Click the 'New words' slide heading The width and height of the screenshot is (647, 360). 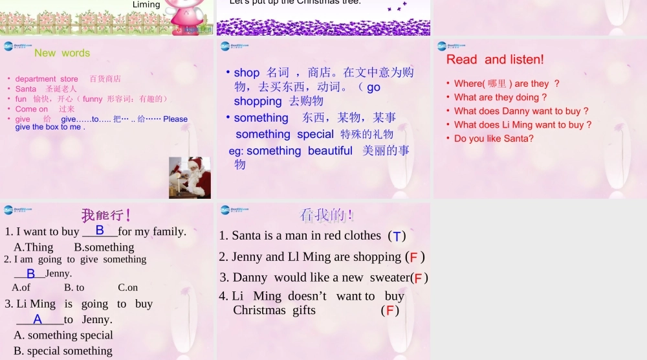(x=62, y=53)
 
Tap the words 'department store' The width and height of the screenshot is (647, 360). (x=47, y=79)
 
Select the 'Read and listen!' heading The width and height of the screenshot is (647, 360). (x=495, y=60)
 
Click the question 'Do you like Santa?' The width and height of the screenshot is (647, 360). (x=494, y=139)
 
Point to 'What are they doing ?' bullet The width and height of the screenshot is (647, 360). (x=500, y=97)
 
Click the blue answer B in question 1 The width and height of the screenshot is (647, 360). (x=100, y=230)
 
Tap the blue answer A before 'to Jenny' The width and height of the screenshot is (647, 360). (x=38, y=319)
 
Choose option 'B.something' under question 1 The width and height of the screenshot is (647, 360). (x=104, y=247)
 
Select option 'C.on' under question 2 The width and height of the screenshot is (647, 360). (x=127, y=287)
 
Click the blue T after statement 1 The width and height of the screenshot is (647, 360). (x=397, y=236)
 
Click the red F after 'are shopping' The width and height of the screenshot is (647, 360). (x=413, y=258)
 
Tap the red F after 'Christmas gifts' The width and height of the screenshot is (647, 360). (x=389, y=311)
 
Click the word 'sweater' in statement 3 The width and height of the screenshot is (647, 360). (x=389, y=278)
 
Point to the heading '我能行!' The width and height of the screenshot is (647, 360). (x=106, y=215)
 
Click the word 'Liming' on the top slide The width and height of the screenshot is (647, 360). (x=146, y=5)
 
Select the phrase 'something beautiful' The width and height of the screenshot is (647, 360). (x=300, y=151)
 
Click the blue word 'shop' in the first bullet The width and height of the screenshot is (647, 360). (x=247, y=73)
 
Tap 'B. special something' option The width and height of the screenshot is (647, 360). (x=63, y=351)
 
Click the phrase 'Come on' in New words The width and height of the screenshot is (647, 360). (x=32, y=109)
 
